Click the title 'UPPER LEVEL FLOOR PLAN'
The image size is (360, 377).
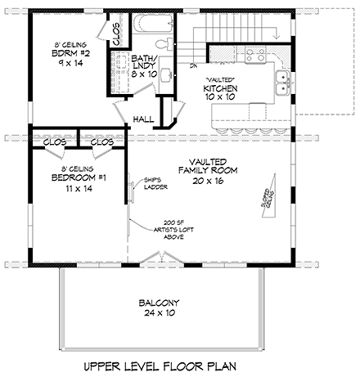pos(179,362)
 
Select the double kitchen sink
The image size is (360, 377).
pos(282,80)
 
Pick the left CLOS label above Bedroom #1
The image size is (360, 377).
pos(54,141)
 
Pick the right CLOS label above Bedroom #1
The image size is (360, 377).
pos(102,141)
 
